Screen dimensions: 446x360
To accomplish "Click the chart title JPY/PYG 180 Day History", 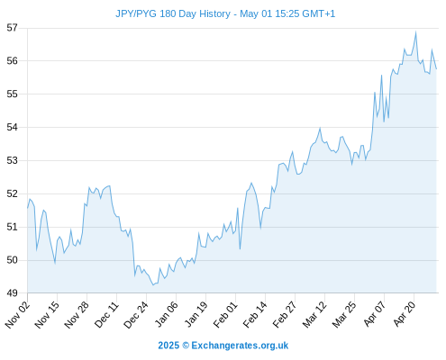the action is [173, 13].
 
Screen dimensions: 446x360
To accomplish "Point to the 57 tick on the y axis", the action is [13, 28].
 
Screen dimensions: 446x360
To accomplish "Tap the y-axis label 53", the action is [13, 160].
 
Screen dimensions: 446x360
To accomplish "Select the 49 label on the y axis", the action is [13, 292].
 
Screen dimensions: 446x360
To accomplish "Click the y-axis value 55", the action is [13, 94].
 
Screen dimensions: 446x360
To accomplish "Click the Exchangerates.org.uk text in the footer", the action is [240, 346].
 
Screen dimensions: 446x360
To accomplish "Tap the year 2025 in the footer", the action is [168, 346].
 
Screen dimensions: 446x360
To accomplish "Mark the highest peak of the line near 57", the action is [416, 31].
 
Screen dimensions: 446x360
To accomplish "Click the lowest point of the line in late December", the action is [153, 284].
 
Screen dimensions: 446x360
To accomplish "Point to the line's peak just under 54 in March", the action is [320, 129].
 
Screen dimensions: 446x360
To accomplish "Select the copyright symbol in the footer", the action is [186, 346].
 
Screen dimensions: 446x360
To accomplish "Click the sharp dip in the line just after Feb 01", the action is [240, 248].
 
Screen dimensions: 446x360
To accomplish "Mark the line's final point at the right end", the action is [436, 68].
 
